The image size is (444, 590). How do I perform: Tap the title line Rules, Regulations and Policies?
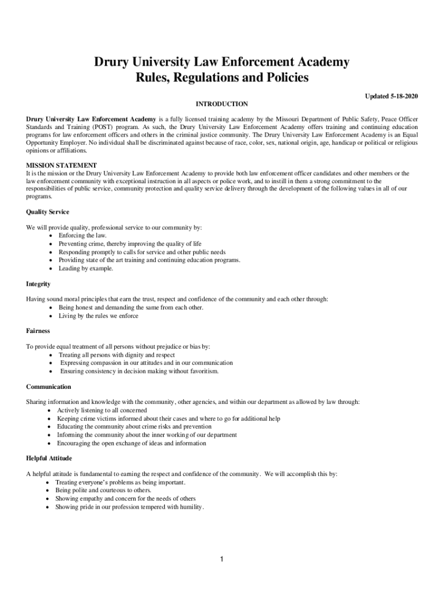[x=222, y=77]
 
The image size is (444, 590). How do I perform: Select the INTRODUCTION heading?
[x=222, y=104]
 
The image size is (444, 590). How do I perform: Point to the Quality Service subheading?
[x=47, y=212]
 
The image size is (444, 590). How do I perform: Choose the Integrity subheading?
[x=38, y=284]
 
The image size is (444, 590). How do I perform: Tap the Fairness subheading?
[x=38, y=331]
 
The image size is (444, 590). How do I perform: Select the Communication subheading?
[x=48, y=387]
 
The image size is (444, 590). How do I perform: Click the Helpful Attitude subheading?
[x=49, y=458]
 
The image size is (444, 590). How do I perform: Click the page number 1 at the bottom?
[x=222, y=559]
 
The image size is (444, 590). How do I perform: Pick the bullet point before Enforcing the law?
[x=52, y=236]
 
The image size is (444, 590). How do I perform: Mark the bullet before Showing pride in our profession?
[x=48, y=507]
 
